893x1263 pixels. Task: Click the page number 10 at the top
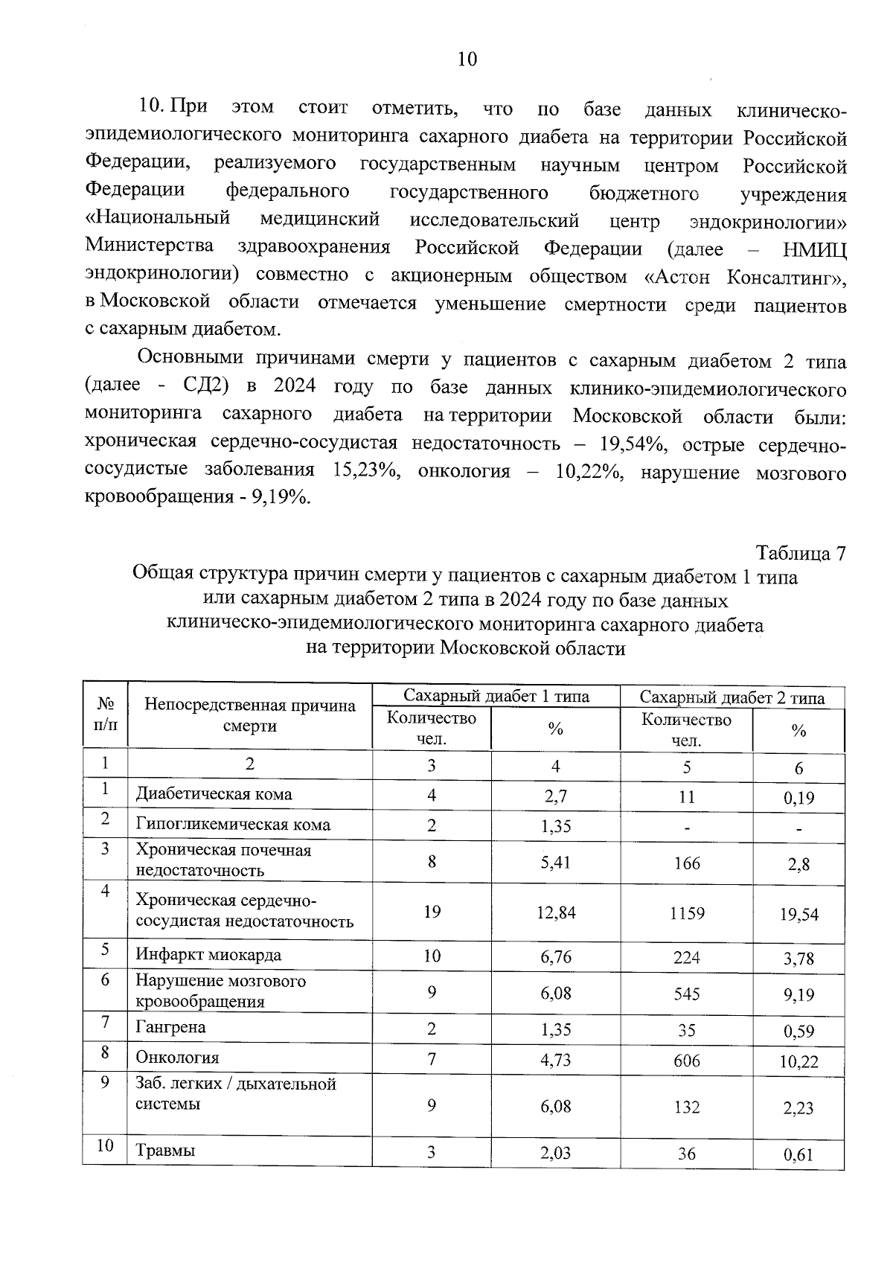click(467, 60)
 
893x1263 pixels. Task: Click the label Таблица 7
click(801, 554)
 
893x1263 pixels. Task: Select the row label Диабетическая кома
click(214, 794)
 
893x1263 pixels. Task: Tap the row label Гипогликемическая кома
click(233, 825)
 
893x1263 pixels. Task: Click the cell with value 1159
click(686, 912)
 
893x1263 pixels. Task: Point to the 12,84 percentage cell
click(556, 912)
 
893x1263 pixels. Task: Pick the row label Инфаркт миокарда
click(208, 955)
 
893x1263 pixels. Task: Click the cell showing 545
click(686, 994)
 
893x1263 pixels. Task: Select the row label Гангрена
click(170, 1027)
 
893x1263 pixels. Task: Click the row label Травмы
click(165, 1151)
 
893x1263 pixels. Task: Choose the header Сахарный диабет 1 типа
click(496, 697)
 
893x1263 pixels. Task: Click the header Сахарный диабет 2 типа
click(732, 697)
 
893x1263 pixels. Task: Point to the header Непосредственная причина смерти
click(250, 716)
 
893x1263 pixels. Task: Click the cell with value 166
click(686, 863)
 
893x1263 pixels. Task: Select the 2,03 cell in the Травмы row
click(556, 1153)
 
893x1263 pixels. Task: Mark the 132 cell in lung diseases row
click(686, 1107)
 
